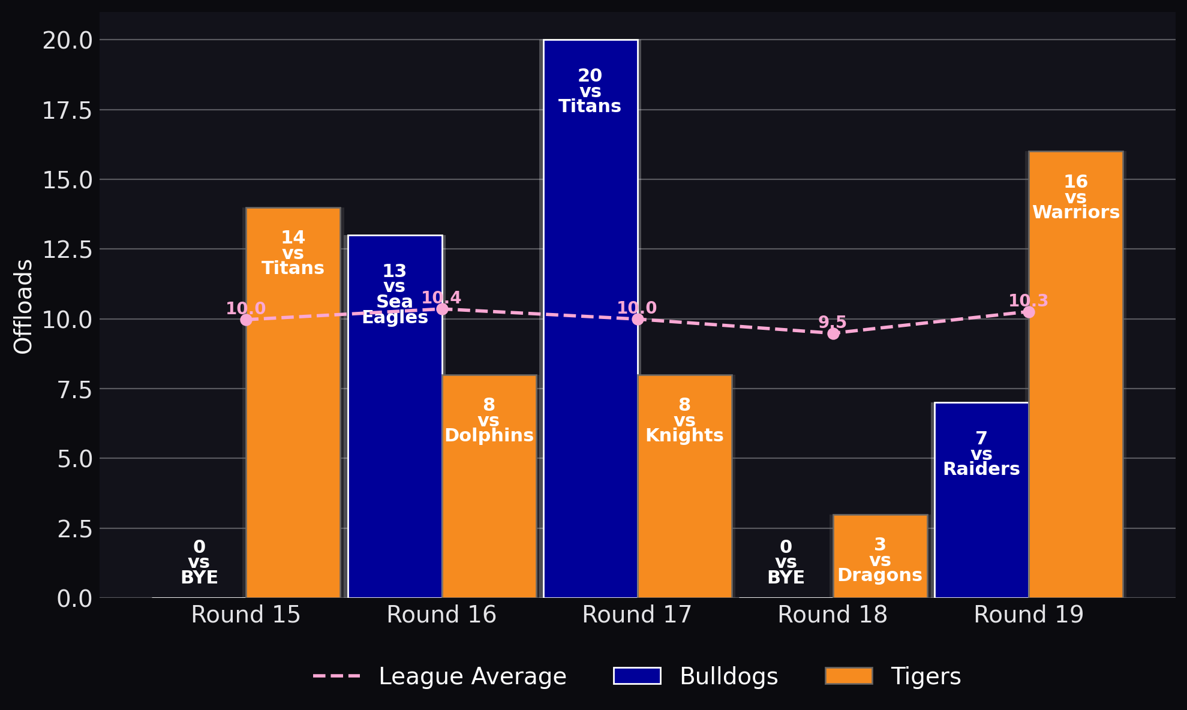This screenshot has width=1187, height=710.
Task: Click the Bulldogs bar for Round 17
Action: pos(591,318)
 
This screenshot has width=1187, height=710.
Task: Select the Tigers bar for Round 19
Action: pos(1076,374)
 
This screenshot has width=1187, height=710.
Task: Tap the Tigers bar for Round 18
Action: pos(881,556)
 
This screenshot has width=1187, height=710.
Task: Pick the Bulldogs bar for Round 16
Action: pos(395,416)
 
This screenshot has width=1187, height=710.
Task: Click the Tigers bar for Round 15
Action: pos(293,402)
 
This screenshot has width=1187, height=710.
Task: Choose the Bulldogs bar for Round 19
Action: pos(982,500)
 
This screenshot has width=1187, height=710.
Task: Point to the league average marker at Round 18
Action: pos(833,333)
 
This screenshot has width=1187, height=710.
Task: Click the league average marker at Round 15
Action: pos(246,320)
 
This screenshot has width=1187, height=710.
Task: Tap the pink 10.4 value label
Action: pos(441,298)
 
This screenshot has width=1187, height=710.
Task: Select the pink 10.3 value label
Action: pos(1029,301)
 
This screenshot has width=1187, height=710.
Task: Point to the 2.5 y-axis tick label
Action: pos(75,529)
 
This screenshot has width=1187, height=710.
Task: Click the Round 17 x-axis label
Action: pos(637,615)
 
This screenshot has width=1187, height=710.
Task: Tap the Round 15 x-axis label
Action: pos(246,615)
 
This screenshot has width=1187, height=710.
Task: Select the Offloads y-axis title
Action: pos(23,306)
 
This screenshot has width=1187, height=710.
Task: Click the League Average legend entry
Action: pos(440,676)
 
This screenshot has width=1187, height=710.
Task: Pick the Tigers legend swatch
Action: pos(849,676)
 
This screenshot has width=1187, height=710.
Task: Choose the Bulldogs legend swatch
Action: pos(637,676)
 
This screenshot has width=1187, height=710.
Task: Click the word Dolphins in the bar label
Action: pos(489,435)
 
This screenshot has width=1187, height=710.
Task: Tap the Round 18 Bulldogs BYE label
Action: pos(786,562)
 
